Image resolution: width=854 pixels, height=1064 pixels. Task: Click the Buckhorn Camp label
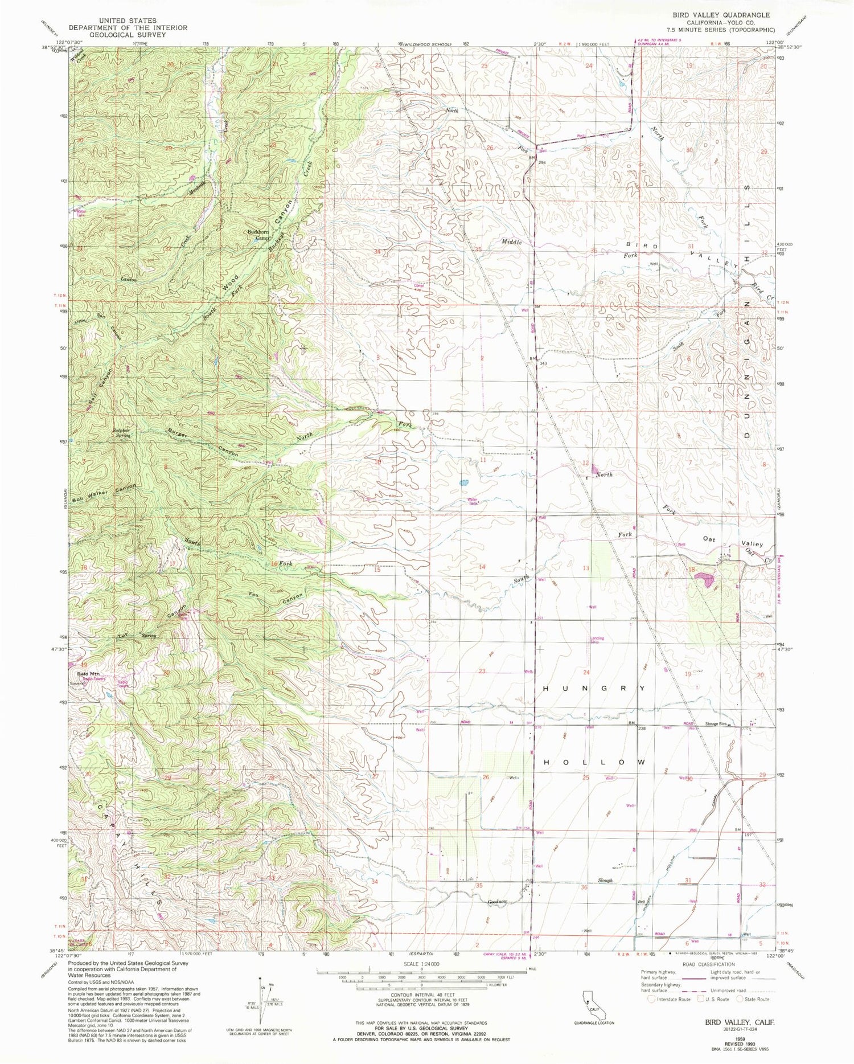tap(257, 235)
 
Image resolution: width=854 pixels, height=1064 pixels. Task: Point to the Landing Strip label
tap(597, 640)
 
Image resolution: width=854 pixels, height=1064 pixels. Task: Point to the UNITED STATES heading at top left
tap(113, 21)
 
